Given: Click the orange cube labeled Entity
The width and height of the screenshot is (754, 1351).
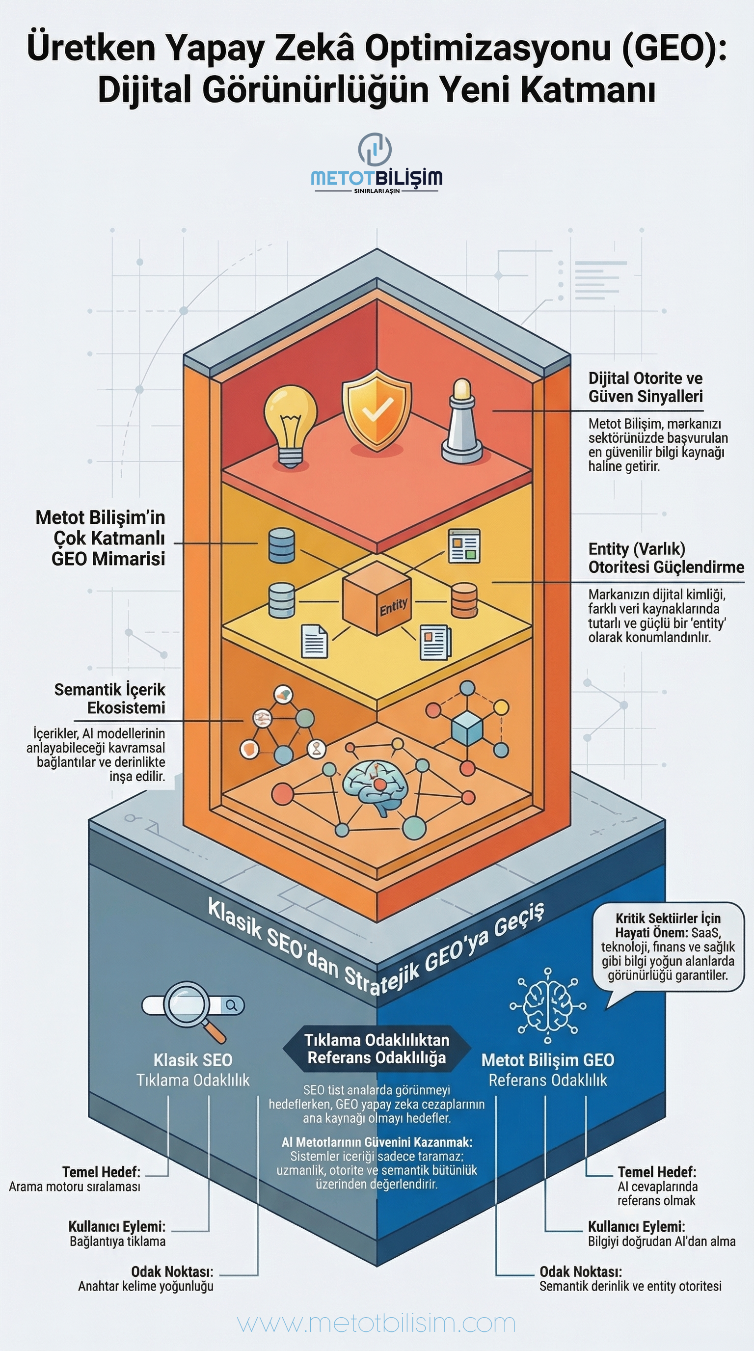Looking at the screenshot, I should [377, 597].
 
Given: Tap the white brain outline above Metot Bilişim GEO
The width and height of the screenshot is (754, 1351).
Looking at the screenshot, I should [548, 1005].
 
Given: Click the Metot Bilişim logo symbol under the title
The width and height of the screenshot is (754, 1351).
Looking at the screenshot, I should [376, 149].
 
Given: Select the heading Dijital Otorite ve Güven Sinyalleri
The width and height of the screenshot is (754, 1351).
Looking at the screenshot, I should [645, 387].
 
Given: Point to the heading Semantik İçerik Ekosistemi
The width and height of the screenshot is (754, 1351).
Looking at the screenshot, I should [110, 698].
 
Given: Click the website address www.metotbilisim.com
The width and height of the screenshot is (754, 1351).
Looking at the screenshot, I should [377, 1323].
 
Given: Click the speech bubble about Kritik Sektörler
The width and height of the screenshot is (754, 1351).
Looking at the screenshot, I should [668, 947].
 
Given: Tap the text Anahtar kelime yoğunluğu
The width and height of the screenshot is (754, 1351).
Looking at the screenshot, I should [146, 1286].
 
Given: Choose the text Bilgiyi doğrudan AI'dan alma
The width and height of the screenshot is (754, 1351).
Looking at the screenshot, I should [661, 1242].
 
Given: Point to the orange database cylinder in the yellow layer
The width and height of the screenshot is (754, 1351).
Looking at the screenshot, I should [464, 600].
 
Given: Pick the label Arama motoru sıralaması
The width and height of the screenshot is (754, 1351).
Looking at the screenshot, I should [75, 1187].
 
